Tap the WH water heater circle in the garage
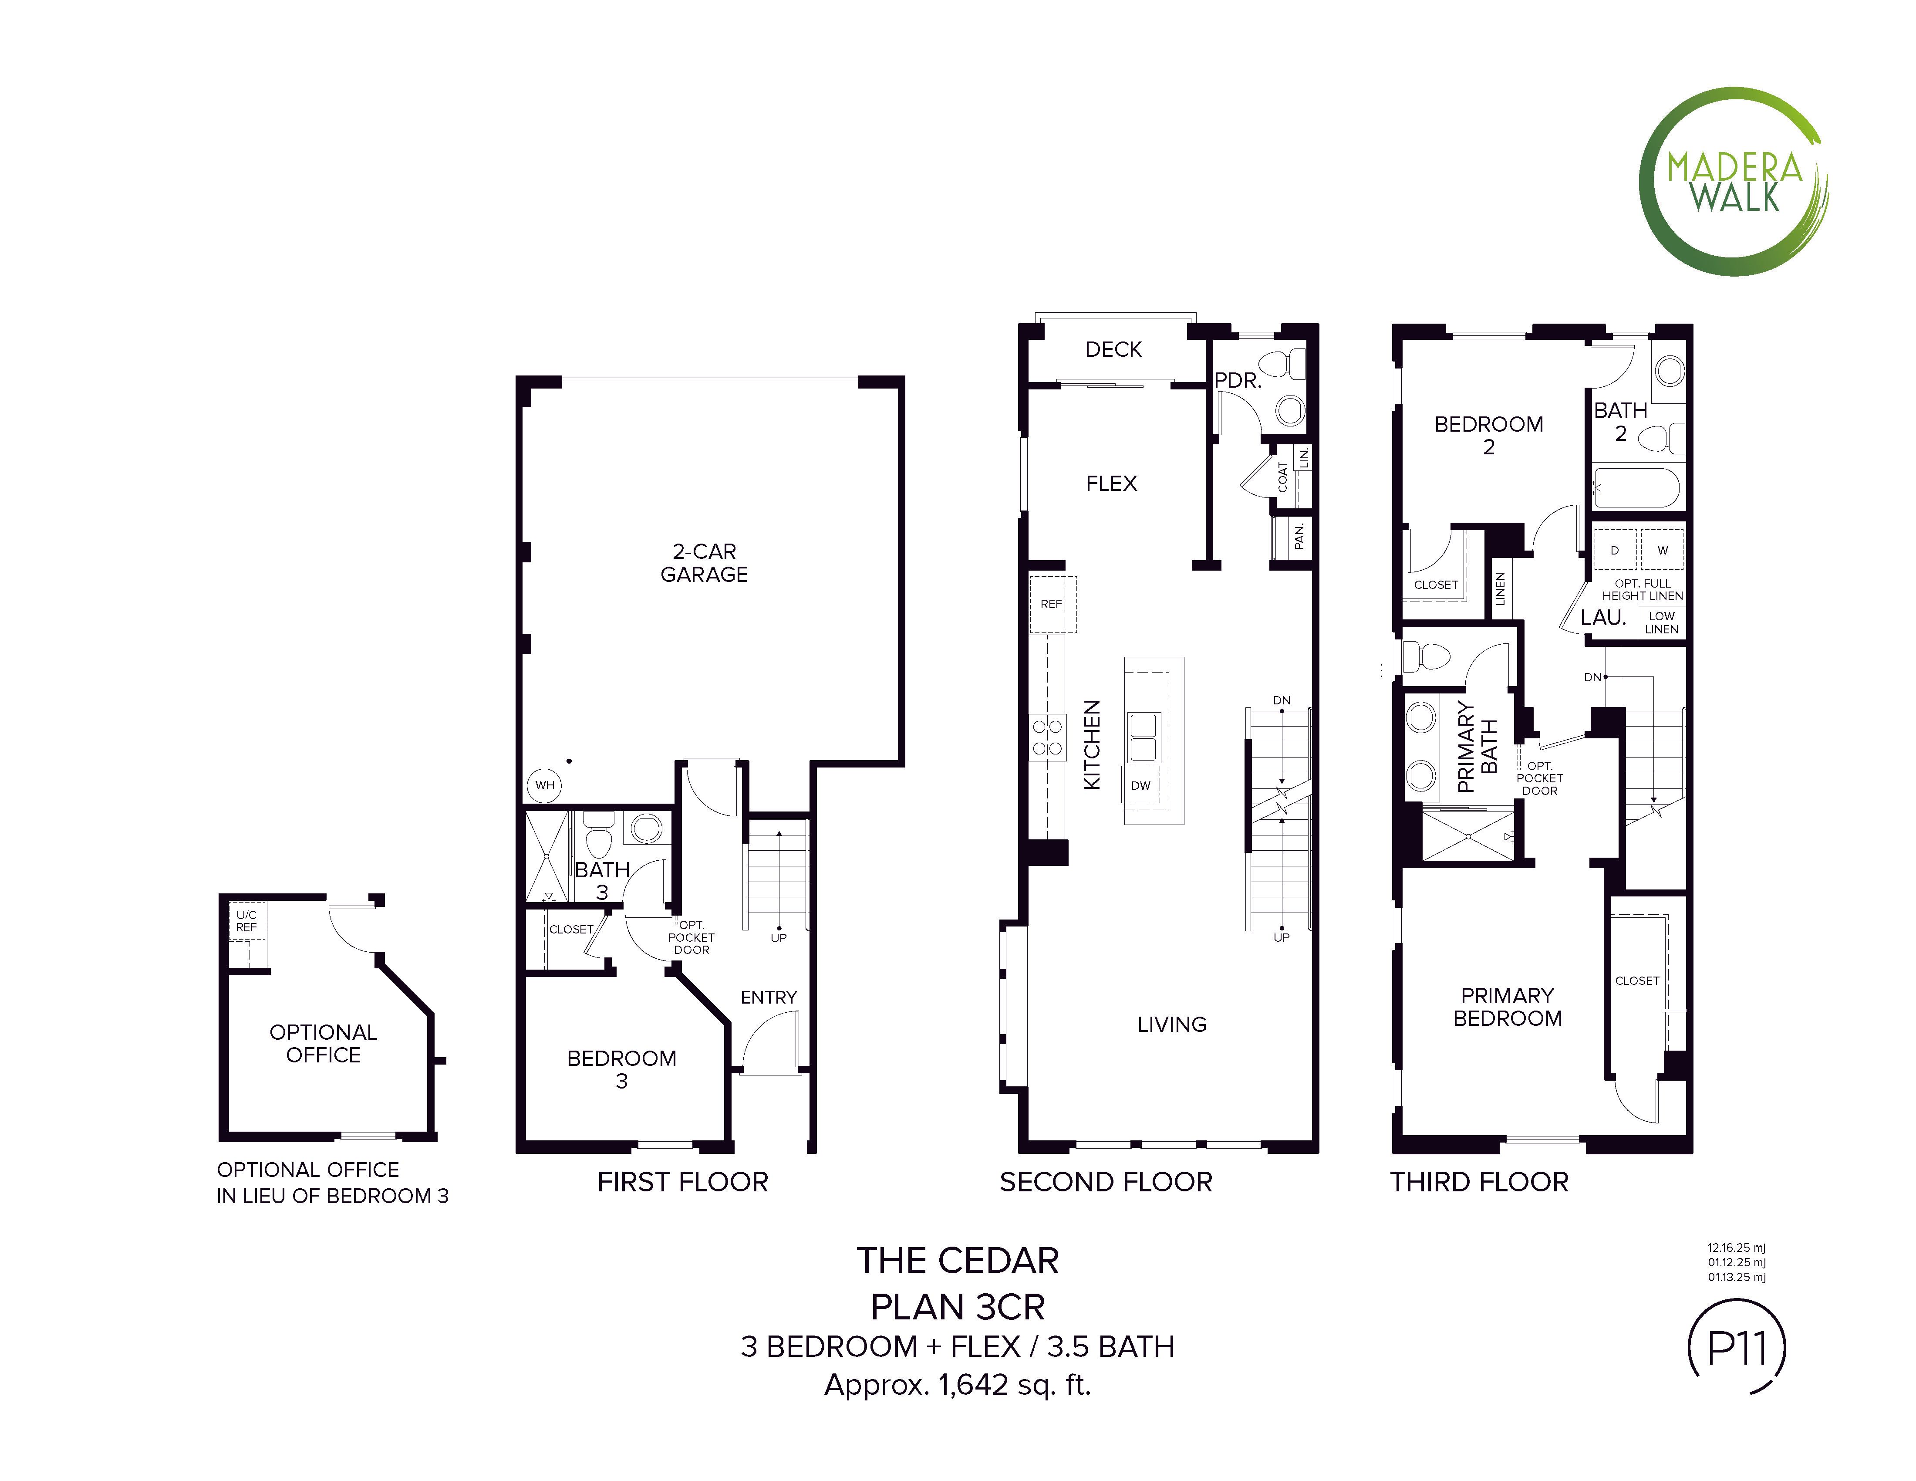pyautogui.click(x=545, y=785)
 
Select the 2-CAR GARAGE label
pyautogui.click(x=705, y=562)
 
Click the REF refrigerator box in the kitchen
pyautogui.click(x=1052, y=605)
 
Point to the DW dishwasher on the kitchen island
pyautogui.click(x=1140, y=785)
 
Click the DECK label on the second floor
pyautogui.click(x=1113, y=349)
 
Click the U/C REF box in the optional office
pyautogui.click(x=246, y=921)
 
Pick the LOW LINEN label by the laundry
pyautogui.click(x=1662, y=622)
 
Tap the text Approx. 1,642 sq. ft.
pyautogui.click(x=958, y=1384)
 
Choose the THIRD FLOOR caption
pyautogui.click(x=1479, y=1182)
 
